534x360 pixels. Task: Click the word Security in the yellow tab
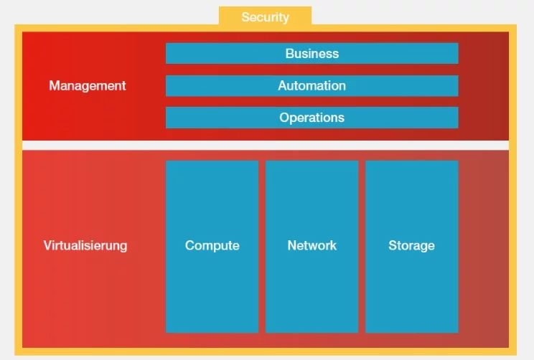(x=265, y=17)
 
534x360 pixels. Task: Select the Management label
(x=88, y=86)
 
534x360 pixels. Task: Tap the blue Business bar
(x=311, y=54)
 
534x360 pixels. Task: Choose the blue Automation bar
(x=311, y=86)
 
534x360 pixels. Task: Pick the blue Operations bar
(x=311, y=118)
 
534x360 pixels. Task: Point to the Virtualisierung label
(x=85, y=246)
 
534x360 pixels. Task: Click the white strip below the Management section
(x=265, y=145)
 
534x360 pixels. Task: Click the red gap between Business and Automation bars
(x=311, y=70)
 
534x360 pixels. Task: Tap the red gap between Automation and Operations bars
(x=311, y=102)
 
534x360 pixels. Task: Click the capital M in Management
(x=54, y=86)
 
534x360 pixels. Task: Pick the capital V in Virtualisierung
(x=47, y=246)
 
